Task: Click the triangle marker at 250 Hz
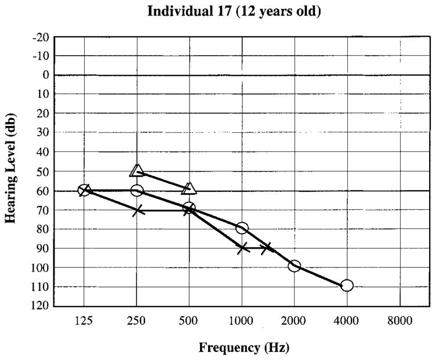coord(137,170)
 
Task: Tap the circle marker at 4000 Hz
coord(347,285)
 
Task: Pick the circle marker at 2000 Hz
coord(295,266)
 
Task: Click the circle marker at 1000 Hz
coord(242,228)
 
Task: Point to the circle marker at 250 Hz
coord(137,190)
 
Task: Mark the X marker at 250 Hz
coord(137,210)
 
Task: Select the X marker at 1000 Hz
coord(242,248)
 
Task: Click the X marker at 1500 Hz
coord(267,248)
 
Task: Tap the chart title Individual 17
coord(234,11)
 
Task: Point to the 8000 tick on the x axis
coord(399,320)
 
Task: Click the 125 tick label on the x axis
coord(84,320)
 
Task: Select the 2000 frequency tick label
coord(294,320)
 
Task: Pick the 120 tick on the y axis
coord(40,306)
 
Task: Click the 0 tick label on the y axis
coord(44,75)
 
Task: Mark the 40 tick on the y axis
coord(42,152)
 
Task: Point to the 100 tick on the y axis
coord(40,267)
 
